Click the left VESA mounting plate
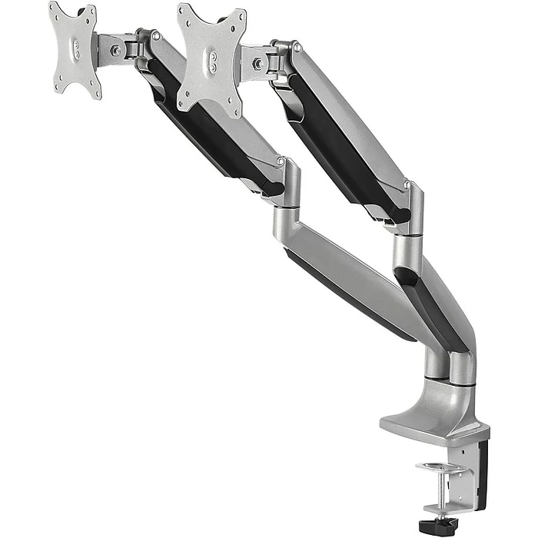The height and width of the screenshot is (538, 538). tap(75, 50)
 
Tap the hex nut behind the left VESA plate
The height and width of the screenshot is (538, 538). tap(115, 51)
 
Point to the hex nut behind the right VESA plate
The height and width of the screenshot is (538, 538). tap(257, 64)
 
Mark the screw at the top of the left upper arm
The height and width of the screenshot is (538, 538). tap(156, 35)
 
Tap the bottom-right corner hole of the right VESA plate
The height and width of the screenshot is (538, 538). tap(231, 110)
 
